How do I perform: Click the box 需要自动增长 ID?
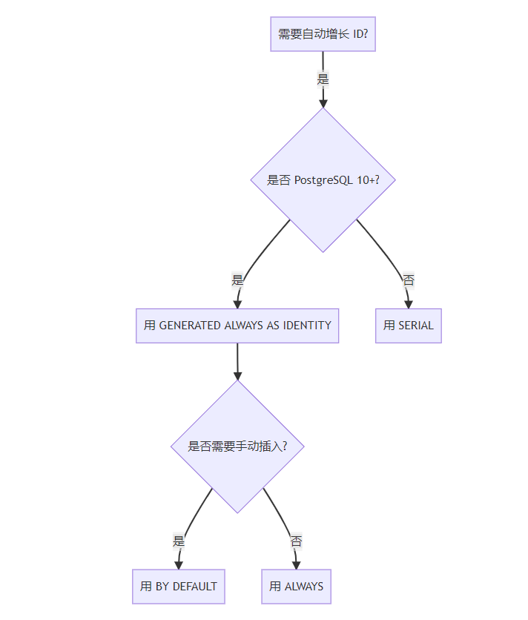(323, 34)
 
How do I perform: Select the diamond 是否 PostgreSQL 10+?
(323, 179)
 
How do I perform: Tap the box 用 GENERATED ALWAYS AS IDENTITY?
(237, 326)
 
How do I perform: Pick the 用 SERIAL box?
(409, 326)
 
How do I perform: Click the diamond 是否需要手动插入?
(237, 446)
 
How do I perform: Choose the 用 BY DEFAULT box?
(179, 587)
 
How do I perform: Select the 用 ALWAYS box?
(296, 587)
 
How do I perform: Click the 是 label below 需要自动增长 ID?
(323, 79)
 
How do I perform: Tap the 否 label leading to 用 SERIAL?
(408, 280)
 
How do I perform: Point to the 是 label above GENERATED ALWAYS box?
(237, 280)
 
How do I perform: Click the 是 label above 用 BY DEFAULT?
(178, 541)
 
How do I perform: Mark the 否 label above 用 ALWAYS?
(296, 541)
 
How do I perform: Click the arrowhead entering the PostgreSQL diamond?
(323, 103)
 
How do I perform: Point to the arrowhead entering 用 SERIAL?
(408, 303)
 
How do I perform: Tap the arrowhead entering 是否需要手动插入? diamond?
(237, 375)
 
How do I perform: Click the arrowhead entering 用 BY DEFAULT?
(178, 564)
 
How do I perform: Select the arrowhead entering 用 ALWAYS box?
(296, 564)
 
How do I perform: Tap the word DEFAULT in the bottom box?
(195, 587)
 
